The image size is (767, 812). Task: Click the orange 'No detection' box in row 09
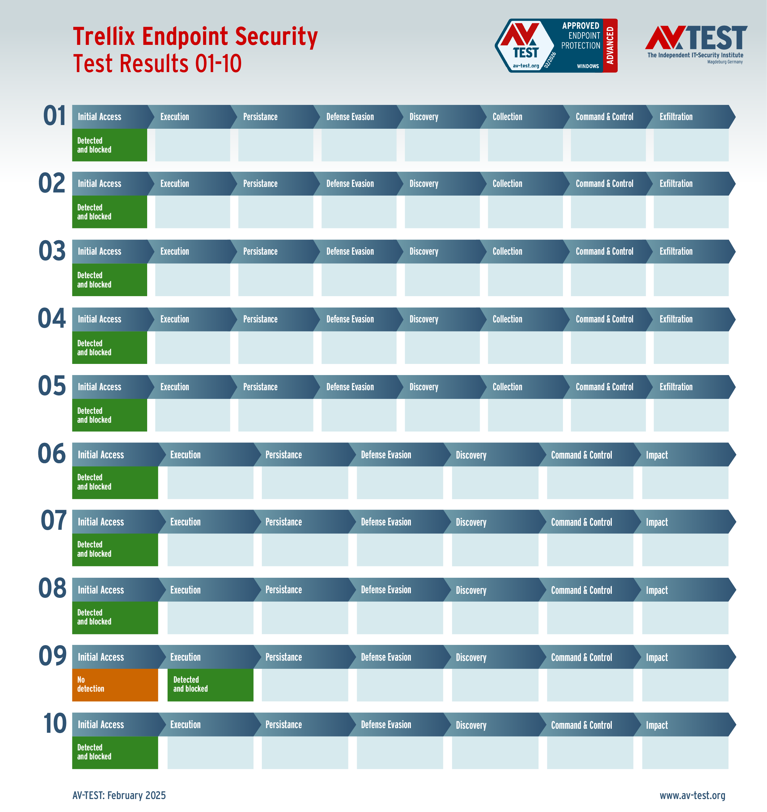click(x=115, y=685)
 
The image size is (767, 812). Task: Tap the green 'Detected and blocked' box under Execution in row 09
click(x=210, y=685)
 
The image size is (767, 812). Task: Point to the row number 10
click(x=55, y=723)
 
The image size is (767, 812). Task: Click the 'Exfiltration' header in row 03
click(x=676, y=251)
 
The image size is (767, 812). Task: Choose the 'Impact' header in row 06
click(x=657, y=455)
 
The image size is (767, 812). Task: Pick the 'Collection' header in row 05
click(x=507, y=387)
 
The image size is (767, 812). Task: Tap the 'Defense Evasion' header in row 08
click(x=386, y=590)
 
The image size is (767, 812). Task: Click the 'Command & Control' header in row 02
click(x=604, y=184)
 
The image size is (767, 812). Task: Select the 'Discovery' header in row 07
click(x=471, y=522)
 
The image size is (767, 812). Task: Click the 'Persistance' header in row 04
click(x=260, y=319)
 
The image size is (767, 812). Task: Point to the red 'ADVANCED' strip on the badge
click(x=610, y=45)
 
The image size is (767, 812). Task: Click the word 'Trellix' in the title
click(x=104, y=37)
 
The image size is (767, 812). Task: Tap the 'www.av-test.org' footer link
click(x=692, y=795)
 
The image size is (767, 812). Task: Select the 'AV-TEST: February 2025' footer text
click(x=119, y=795)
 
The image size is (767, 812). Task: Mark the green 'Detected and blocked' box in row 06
click(x=115, y=482)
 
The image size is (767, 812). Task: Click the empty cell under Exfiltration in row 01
click(x=691, y=145)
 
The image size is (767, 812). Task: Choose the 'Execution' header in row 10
click(x=185, y=725)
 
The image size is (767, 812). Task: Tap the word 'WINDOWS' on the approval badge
click(x=587, y=66)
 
